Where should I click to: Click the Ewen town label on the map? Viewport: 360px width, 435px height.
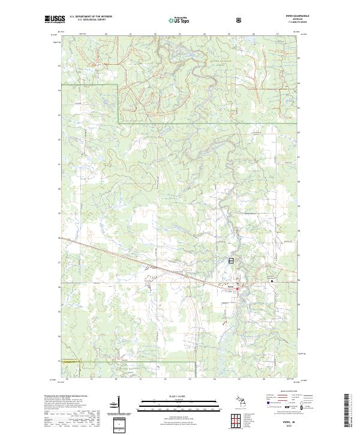(x=230, y=286)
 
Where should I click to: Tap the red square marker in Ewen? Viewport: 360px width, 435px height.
(x=238, y=290)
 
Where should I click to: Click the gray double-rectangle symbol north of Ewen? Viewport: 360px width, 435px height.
(x=231, y=261)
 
